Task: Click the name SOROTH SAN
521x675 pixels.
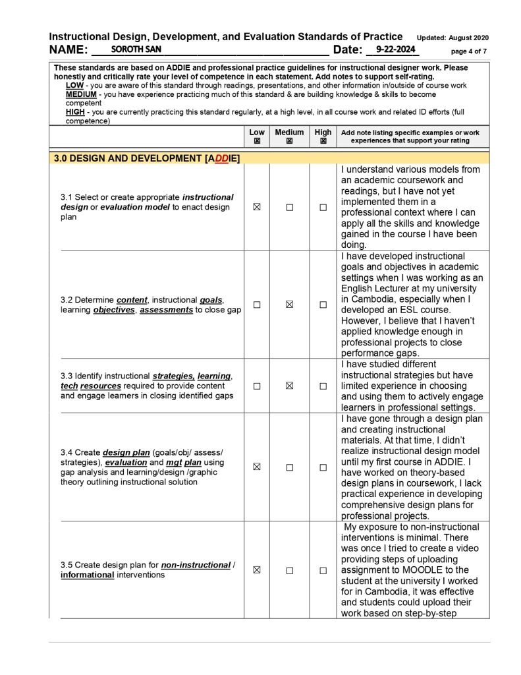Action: (x=136, y=49)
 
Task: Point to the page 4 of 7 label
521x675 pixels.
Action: (x=469, y=51)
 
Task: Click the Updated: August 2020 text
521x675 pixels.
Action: (x=452, y=38)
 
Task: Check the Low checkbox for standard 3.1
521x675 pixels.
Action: (x=257, y=207)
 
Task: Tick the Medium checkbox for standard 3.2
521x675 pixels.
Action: (x=289, y=305)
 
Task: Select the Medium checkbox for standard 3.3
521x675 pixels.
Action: (x=289, y=386)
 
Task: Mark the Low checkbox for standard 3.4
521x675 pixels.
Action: (x=257, y=467)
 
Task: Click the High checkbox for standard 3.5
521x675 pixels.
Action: (x=323, y=570)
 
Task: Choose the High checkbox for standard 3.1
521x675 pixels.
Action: (x=323, y=207)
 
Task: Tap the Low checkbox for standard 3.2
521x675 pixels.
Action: (x=257, y=305)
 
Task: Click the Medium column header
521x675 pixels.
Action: (x=289, y=132)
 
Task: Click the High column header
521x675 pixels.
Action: (x=323, y=132)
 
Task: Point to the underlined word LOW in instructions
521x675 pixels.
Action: (x=74, y=86)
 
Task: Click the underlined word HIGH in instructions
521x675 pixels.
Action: (x=75, y=112)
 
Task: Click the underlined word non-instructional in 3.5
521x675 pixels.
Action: (x=196, y=565)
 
